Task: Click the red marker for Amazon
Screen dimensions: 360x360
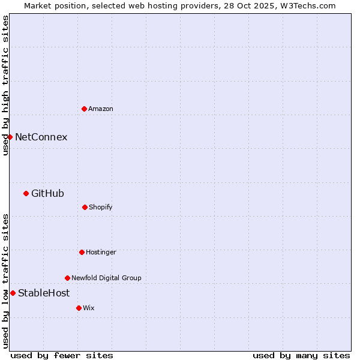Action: tap(84, 109)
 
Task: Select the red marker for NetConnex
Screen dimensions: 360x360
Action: tap(10, 137)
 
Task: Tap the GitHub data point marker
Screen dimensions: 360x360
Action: tap(26, 193)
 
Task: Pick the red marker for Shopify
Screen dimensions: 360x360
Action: tap(85, 207)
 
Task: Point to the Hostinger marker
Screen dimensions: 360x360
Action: tap(82, 252)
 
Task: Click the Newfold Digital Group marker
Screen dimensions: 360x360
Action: tap(67, 278)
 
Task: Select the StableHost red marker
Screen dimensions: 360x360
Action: tap(13, 293)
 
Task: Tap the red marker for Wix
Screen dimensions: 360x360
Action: tap(79, 308)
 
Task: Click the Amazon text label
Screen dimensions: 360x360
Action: tap(101, 109)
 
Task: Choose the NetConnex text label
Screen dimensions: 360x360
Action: tap(41, 137)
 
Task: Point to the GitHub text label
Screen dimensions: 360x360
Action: tap(47, 193)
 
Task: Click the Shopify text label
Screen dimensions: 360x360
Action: tap(101, 207)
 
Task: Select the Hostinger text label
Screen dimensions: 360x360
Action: tap(101, 252)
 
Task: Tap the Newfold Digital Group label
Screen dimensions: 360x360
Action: tap(106, 278)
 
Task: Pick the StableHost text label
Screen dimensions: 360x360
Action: tap(44, 293)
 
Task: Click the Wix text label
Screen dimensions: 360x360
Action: tap(89, 308)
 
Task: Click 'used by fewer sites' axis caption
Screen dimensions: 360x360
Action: tap(62, 355)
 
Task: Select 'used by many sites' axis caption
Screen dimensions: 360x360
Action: tap(301, 355)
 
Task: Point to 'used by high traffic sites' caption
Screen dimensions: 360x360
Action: tap(5, 85)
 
